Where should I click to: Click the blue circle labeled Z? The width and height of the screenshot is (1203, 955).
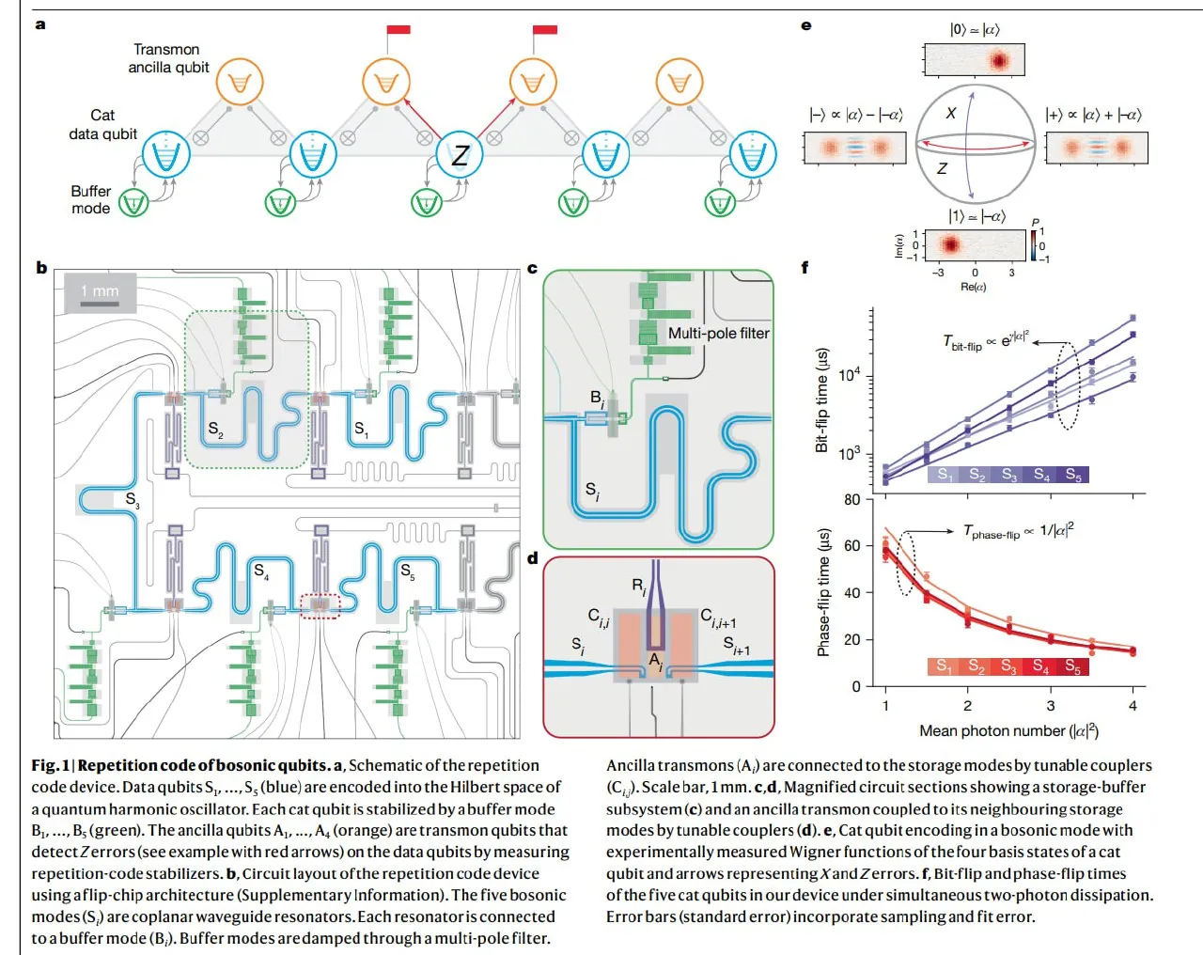click(x=460, y=156)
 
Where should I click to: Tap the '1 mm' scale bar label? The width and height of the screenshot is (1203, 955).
click(x=100, y=291)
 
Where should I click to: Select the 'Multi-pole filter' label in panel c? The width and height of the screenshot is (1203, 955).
click(x=718, y=333)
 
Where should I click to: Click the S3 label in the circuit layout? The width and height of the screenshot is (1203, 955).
click(x=132, y=499)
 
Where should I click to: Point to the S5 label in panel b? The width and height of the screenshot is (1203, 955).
click(x=408, y=571)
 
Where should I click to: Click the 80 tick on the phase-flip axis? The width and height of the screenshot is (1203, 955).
click(x=851, y=499)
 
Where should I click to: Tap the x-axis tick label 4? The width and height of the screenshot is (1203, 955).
click(x=1133, y=705)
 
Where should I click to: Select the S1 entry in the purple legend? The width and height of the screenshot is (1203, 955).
click(x=945, y=475)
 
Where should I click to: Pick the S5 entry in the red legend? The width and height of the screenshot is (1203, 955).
click(x=1072, y=666)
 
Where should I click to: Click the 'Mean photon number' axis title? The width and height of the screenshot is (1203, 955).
click(x=1008, y=730)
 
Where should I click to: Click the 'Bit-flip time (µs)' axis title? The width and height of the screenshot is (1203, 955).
click(x=821, y=400)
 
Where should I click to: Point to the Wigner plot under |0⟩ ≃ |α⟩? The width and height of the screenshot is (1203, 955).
click(x=975, y=60)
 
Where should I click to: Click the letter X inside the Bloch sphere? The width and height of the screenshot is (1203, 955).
click(x=951, y=114)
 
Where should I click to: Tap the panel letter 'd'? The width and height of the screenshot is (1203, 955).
click(x=533, y=558)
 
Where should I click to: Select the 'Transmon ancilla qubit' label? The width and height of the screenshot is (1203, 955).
click(x=168, y=58)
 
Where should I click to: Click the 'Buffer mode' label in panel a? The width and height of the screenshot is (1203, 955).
click(x=90, y=199)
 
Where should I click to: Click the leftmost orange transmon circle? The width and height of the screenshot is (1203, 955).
click(x=240, y=83)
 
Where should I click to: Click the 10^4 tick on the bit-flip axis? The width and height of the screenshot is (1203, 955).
click(x=849, y=376)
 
